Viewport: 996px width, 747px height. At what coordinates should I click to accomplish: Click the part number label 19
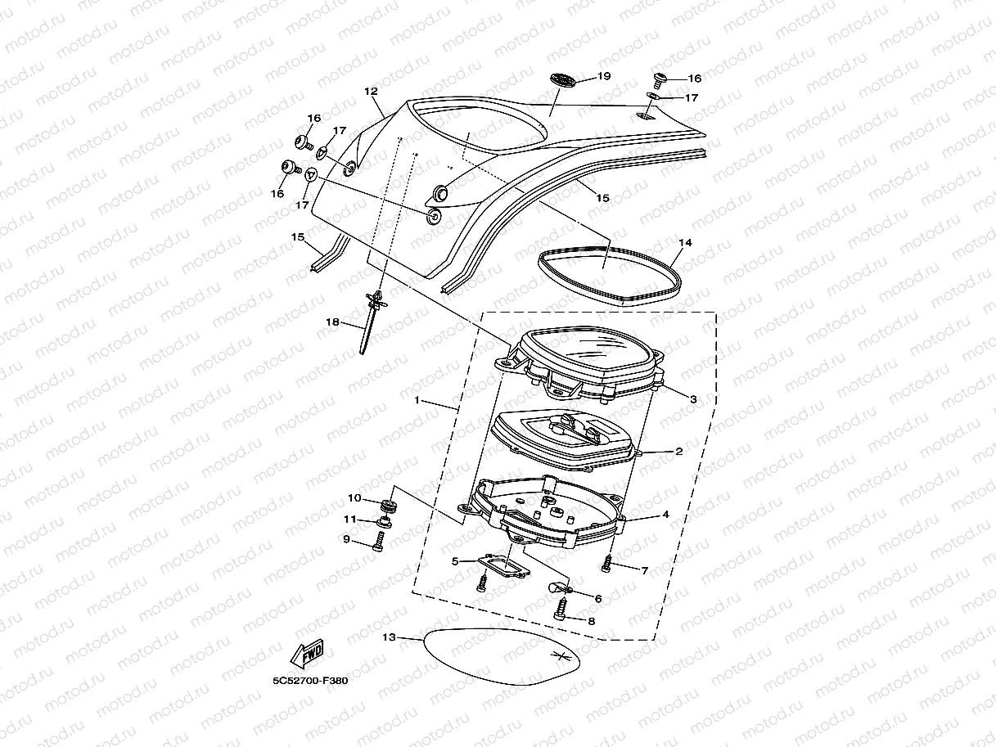pyautogui.click(x=605, y=76)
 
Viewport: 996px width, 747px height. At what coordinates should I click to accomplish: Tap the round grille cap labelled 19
pyautogui.click(x=563, y=79)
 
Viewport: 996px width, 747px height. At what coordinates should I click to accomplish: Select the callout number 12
pyautogui.click(x=371, y=92)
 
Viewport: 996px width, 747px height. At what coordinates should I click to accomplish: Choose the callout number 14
pyautogui.click(x=685, y=243)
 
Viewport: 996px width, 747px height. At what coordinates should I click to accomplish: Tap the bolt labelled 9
pyautogui.click(x=379, y=541)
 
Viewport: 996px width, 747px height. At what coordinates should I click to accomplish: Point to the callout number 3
pyautogui.click(x=692, y=399)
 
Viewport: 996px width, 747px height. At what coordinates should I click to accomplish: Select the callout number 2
pyautogui.click(x=678, y=451)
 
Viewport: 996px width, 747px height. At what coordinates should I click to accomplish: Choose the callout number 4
pyautogui.click(x=666, y=515)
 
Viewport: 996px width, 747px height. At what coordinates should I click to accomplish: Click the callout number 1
pyautogui.click(x=417, y=401)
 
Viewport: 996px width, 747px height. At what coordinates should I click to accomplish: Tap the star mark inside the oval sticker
pyautogui.click(x=561, y=655)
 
